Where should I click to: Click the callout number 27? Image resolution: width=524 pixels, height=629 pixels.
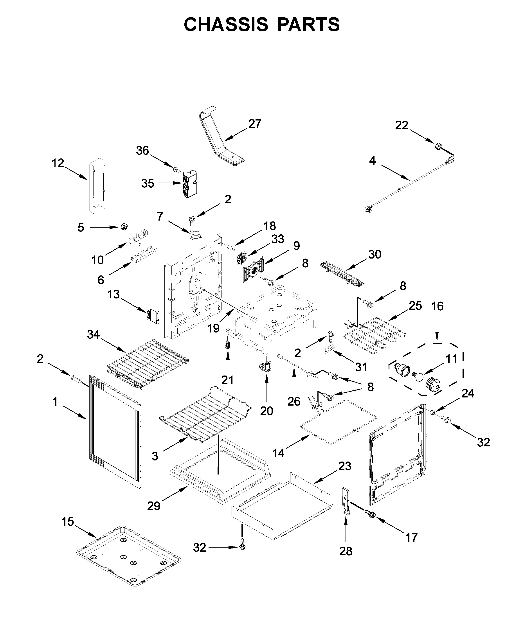pos(255,124)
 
